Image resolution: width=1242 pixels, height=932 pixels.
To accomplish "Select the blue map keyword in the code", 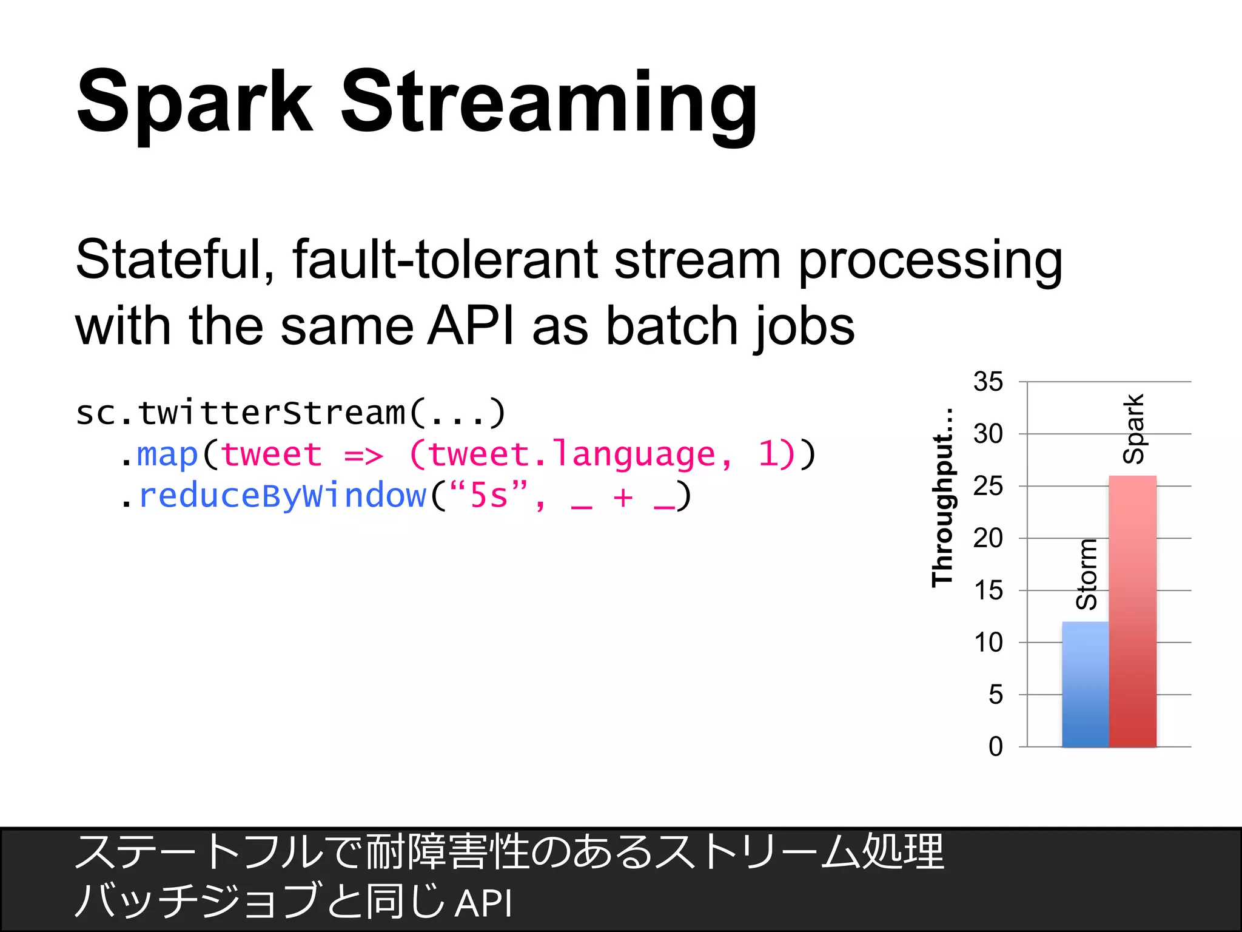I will tap(167, 455).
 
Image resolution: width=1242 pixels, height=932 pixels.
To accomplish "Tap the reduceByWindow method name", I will tap(283, 496).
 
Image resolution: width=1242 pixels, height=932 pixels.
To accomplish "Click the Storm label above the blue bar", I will tap(1086, 574).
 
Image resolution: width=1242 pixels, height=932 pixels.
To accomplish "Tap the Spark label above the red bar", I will tap(1133, 428).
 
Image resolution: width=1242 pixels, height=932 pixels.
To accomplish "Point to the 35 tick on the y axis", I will tap(988, 382).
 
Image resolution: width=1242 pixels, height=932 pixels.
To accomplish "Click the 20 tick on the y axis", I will tap(988, 538).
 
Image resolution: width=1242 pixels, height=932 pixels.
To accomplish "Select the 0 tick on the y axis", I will tap(995, 747).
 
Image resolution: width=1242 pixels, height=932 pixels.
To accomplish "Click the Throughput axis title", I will tap(943, 498).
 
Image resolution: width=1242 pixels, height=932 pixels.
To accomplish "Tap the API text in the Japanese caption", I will tap(483, 903).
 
